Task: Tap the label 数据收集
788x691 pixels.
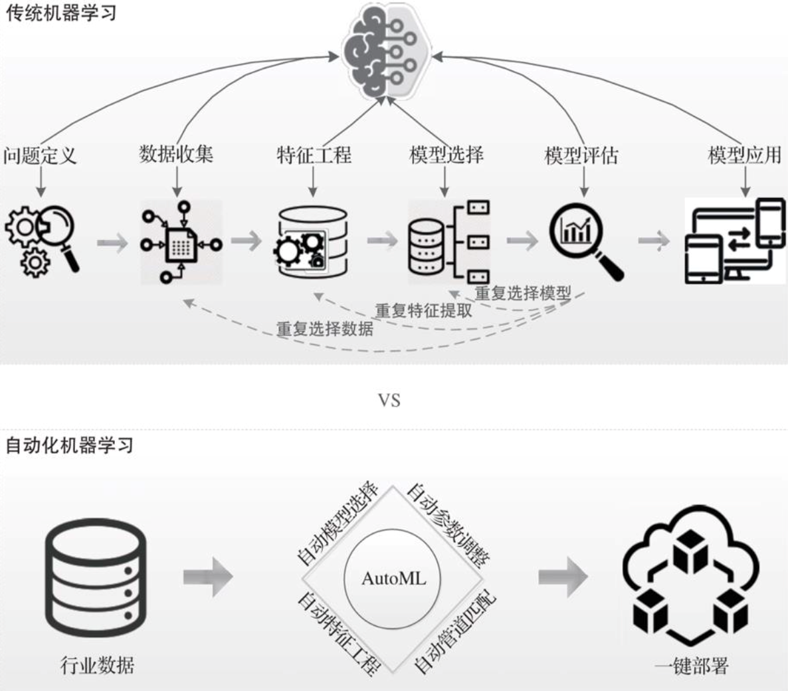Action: [176, 154]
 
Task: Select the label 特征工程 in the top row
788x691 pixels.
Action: [314, 155]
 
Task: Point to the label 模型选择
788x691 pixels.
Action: [446, 155]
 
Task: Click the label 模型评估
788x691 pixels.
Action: [581, 155]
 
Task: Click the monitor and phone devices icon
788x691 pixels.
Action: [735, 241]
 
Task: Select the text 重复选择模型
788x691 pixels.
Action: [523, 293]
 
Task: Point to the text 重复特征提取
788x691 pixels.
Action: [423, 310]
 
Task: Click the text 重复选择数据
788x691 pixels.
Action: [325, 328]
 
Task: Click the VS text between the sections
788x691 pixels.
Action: [389, 400]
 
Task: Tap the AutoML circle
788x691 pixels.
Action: [393, 578]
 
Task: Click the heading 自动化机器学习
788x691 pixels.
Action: [69, 444]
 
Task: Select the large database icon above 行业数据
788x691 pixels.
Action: [96, 578]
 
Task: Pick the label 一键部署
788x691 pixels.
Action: [691, 666]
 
